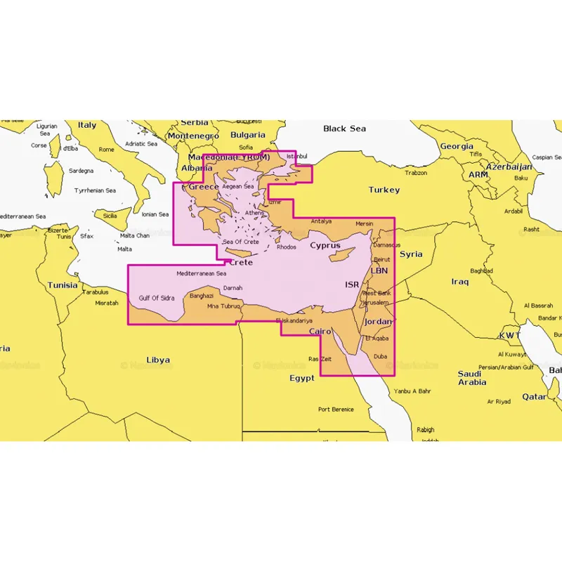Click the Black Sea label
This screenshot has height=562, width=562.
(344, 129)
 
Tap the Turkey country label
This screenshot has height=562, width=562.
(384, 190)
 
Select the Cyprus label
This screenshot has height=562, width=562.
(325, 246)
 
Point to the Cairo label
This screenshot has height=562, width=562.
(320, 331)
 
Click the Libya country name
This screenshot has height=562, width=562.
(158, 360)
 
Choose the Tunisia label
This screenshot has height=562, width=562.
(63, 285)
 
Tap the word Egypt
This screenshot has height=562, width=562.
(302, 378)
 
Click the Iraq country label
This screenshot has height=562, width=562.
(459, 282)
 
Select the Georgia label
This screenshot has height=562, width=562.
(457, 147)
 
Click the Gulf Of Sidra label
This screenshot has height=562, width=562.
(157, 298)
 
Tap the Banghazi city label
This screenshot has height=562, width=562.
(202, 296)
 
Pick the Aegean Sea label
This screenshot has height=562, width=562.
(237, 187)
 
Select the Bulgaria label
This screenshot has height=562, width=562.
(248, 135)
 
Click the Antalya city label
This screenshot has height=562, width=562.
(320, 221)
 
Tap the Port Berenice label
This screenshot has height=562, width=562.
(336, 409)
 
